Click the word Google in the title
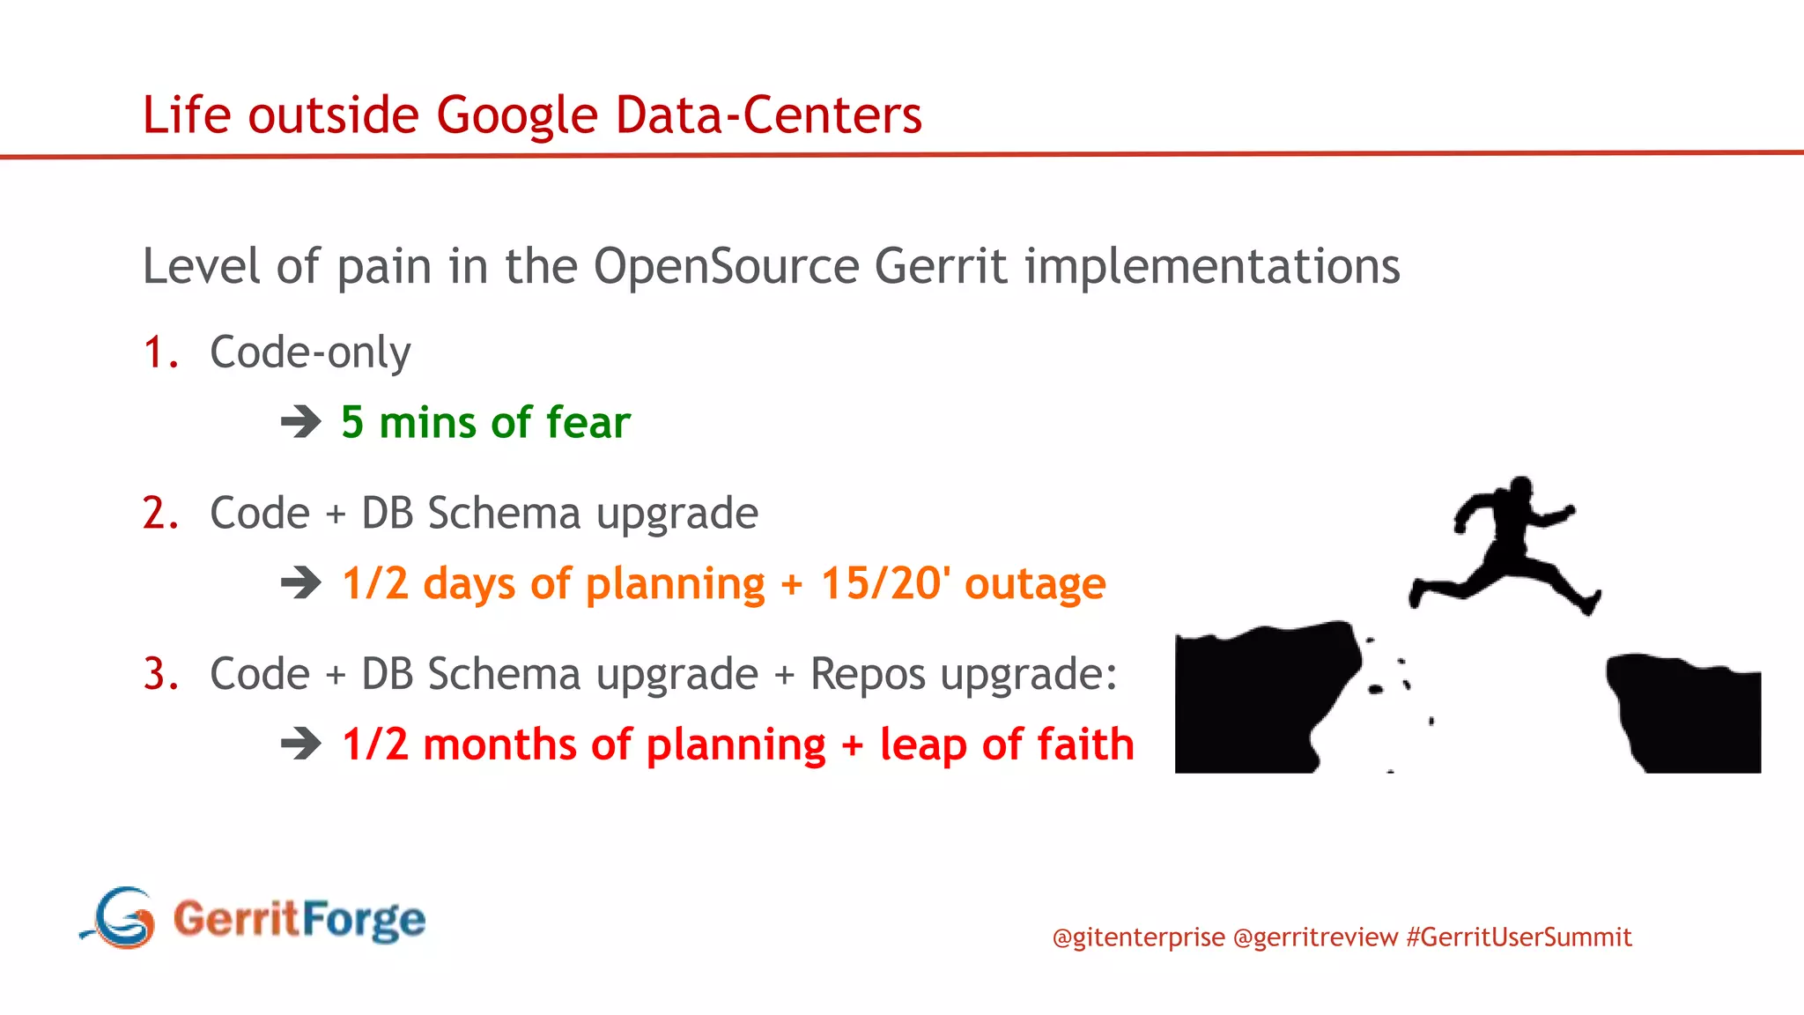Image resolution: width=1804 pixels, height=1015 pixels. (x=517, y=115)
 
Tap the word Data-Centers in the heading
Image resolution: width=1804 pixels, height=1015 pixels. (x=768, y=115)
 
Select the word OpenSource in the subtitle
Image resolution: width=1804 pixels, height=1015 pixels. (x=726, y=266)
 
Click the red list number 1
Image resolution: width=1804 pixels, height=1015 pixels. (x=159, y=352)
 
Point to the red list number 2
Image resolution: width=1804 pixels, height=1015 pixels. (x=160, y=514)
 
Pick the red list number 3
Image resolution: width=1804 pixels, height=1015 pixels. (x=160, y=675)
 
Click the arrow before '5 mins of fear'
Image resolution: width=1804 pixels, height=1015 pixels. (x=301, y=422)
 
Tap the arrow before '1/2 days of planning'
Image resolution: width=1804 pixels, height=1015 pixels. (x=301, y=582)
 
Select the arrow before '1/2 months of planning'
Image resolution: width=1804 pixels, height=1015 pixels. (x=301, y=744)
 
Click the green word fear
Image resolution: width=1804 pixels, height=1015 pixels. (x=588, y=422)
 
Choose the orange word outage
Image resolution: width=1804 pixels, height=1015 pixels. (x=1035, y=583)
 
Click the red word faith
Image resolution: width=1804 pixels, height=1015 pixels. (x=1085, y=744)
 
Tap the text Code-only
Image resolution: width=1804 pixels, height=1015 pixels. (x=310, y=352)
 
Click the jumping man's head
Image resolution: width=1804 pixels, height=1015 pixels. (x=1520, y=489)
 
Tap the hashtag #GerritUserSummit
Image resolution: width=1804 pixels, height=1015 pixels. (x=1519, y=937)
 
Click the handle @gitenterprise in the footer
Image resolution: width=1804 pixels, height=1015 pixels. (x=1138, y=937)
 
